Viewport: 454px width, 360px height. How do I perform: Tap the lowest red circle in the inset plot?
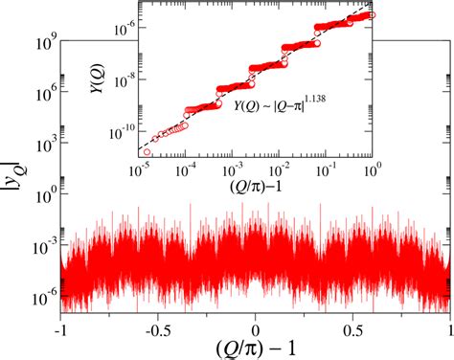point(147,151)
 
